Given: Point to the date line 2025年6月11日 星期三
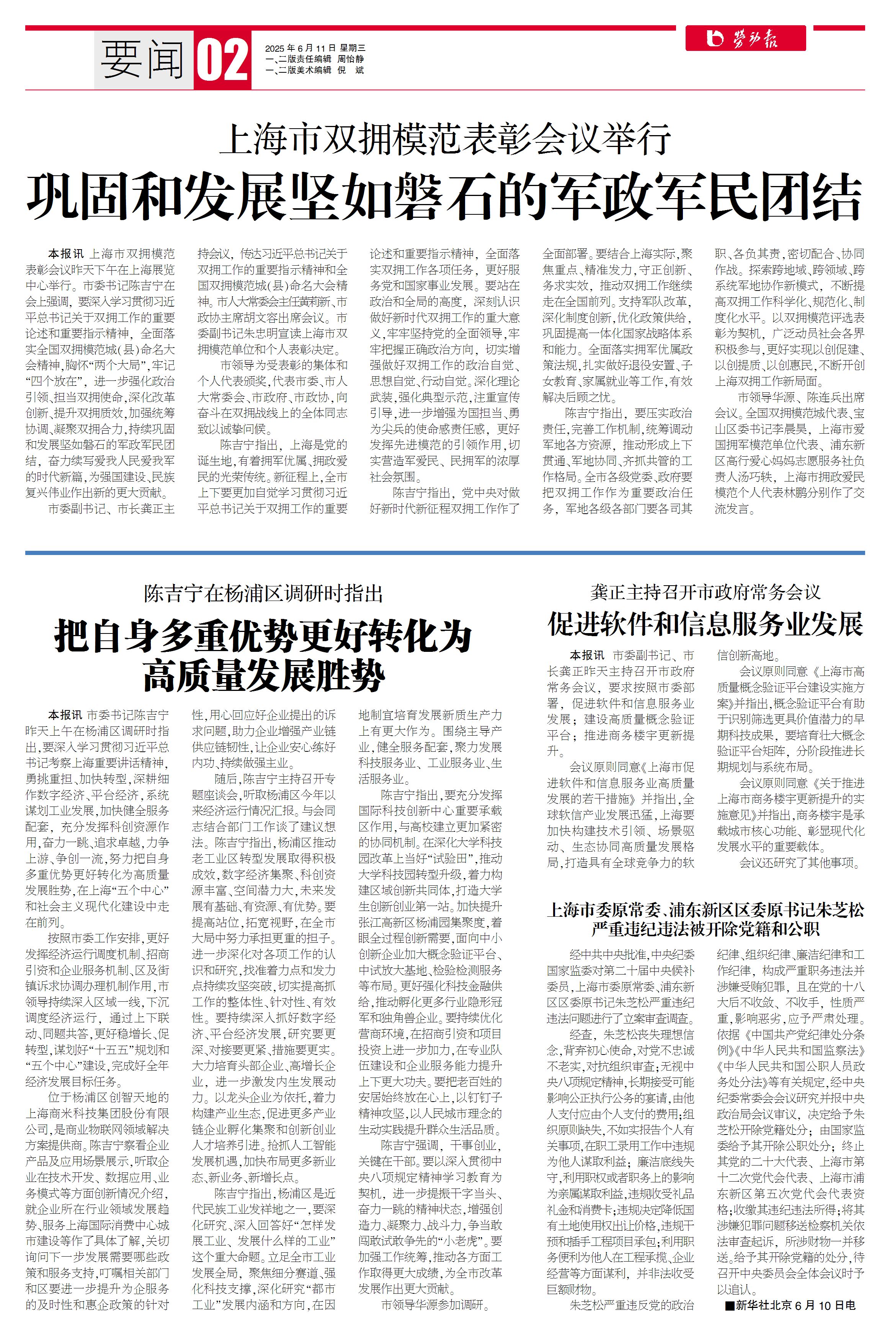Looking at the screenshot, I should click(x=315, y=48).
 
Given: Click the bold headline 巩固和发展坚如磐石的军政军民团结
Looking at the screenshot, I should click(x=444, y=196).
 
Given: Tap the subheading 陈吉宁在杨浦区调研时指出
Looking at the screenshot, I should click(x=263, y=594).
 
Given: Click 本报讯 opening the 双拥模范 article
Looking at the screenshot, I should click(x=65, y=254).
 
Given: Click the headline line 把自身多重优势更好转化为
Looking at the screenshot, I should click(x=263, y=637).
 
